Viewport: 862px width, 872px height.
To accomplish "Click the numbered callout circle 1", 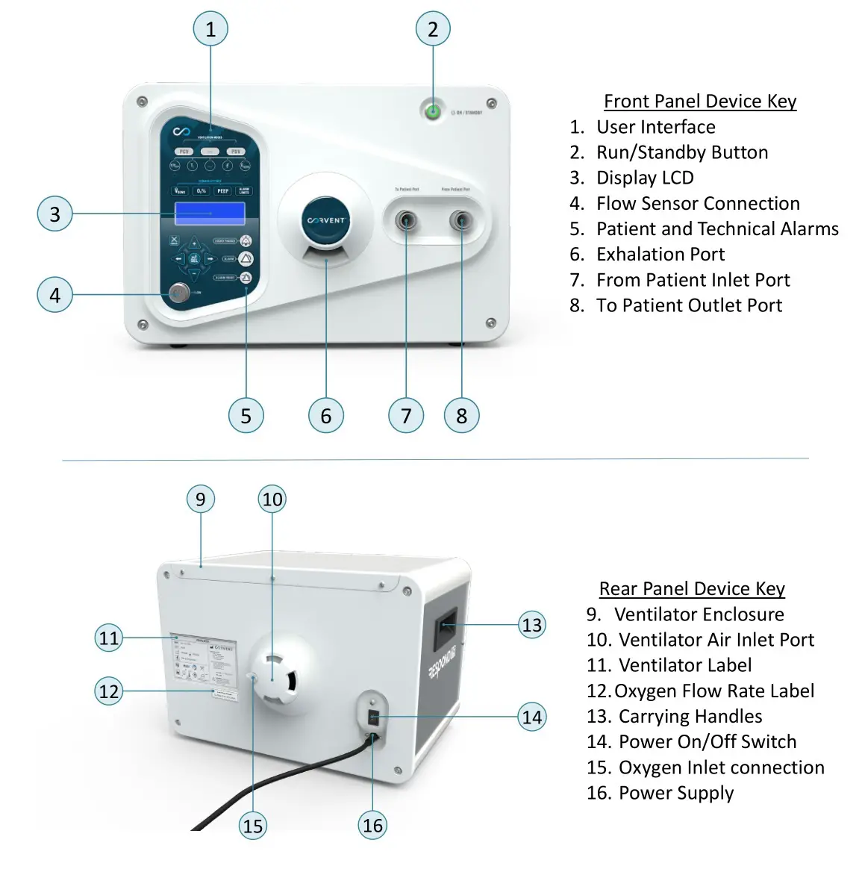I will (x=210, y=29).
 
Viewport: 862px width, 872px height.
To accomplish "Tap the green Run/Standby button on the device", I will (x=432, y=112).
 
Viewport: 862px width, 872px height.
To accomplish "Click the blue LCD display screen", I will (x=210, y=214).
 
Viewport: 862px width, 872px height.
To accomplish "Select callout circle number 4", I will (x=54, y=295).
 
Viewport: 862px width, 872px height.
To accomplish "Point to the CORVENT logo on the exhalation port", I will (x=326, y=220).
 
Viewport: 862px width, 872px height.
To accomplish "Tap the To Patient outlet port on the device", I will (x=461, y=221).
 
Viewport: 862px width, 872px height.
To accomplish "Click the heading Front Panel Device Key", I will (x=699, y=101).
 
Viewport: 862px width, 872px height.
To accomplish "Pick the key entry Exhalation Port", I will (x=660, y=254).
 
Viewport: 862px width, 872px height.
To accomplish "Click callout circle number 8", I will (x=461, y=416).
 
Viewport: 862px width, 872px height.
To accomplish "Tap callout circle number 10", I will (x=272, y=499).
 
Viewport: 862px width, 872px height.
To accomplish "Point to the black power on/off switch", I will (x=374, y=718).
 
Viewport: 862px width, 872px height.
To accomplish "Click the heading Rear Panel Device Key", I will (x=692, y=588).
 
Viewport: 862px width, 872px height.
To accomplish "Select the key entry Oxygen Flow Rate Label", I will (x=713, y=691).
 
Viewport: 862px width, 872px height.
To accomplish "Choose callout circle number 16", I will (x=372, y=825).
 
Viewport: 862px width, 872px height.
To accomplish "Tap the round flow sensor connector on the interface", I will (x=178, y=293).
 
